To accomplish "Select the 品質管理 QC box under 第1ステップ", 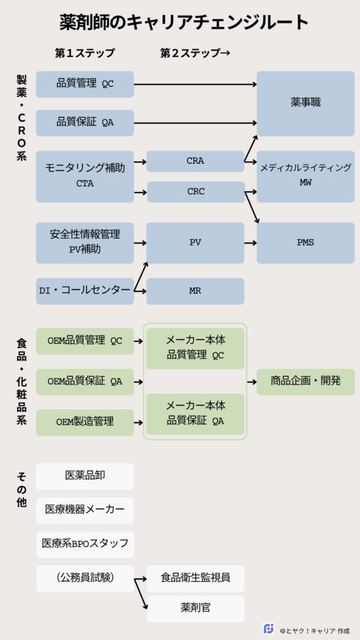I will click(x=85, y=84).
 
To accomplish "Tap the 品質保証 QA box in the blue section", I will click(x=85, y=122).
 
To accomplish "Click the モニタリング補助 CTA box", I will click(x=85, y=176).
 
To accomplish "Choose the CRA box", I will click(x=195, y=161).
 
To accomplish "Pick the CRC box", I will click(x=195, y=192).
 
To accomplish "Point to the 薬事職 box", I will click(x=305, y=103).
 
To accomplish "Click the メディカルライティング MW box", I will click(x=305, y=176).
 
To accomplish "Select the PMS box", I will click(x=305, y=242).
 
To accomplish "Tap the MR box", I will click(x=195, y=291).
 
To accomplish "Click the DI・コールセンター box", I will click(x=85, y=291).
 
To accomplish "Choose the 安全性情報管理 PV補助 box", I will click(x=85, y=242).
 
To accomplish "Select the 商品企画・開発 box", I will click(x=305, y=381).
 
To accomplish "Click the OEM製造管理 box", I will click(x=85, y=422).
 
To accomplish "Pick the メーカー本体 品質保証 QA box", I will click(x=195, y=414).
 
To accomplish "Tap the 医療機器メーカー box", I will click(x=85, y=509).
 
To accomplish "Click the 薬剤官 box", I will click(x=195, y=608).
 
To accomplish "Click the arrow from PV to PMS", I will click(x=250, y=242).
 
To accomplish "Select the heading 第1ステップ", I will click(x=85, y=53).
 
